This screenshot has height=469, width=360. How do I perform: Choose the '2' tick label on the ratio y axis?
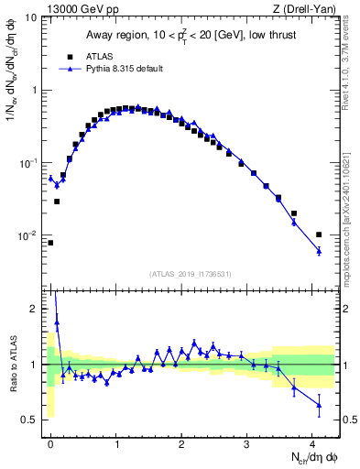click(34, 310)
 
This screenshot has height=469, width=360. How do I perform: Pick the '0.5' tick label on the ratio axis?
click(29, 420)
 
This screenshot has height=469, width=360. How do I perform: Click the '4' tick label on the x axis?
click(313, 443)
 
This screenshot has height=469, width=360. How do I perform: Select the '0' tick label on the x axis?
click(50, 443)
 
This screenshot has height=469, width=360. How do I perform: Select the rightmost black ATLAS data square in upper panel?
click(319, 234)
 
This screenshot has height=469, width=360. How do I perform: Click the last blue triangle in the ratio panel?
click(319, 404)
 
